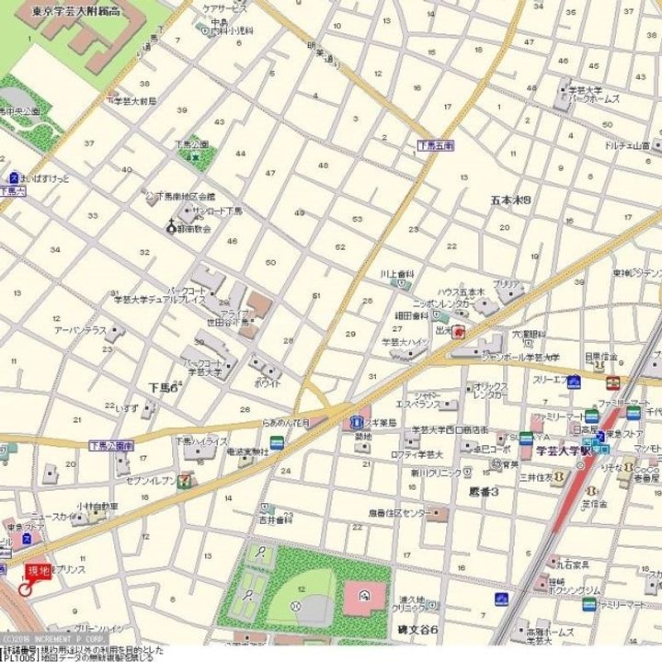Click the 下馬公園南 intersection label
[112, 445]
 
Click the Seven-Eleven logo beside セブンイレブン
[187, 478]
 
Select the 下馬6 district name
[163, 387]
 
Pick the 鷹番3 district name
[483, 492]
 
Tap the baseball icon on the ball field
[296, 606]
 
